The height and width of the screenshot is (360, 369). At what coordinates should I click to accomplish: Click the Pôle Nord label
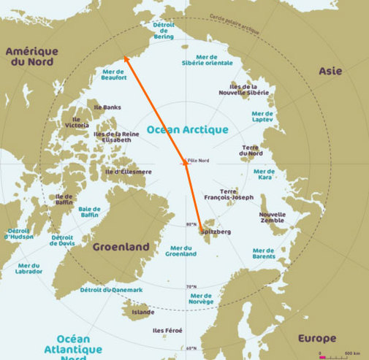tap(199, 158)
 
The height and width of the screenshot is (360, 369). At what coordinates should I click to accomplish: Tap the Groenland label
tap(121, 247)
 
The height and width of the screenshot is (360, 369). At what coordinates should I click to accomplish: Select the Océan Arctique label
tap(187, 129)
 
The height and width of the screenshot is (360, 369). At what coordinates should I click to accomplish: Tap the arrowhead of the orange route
tap(125, 56)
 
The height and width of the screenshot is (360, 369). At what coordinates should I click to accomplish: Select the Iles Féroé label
tap(167, 331)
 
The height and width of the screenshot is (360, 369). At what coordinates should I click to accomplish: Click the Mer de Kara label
tap(264, 175)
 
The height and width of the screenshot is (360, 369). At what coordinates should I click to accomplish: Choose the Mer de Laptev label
tap(262, 118)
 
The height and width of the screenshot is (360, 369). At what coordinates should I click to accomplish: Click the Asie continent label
tap(330, 71)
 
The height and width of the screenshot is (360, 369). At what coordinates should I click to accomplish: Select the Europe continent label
tap(317, 339)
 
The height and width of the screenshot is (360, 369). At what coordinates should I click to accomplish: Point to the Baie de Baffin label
tap(89, 212)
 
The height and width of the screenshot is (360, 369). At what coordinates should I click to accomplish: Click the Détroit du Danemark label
tap(112, 290)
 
